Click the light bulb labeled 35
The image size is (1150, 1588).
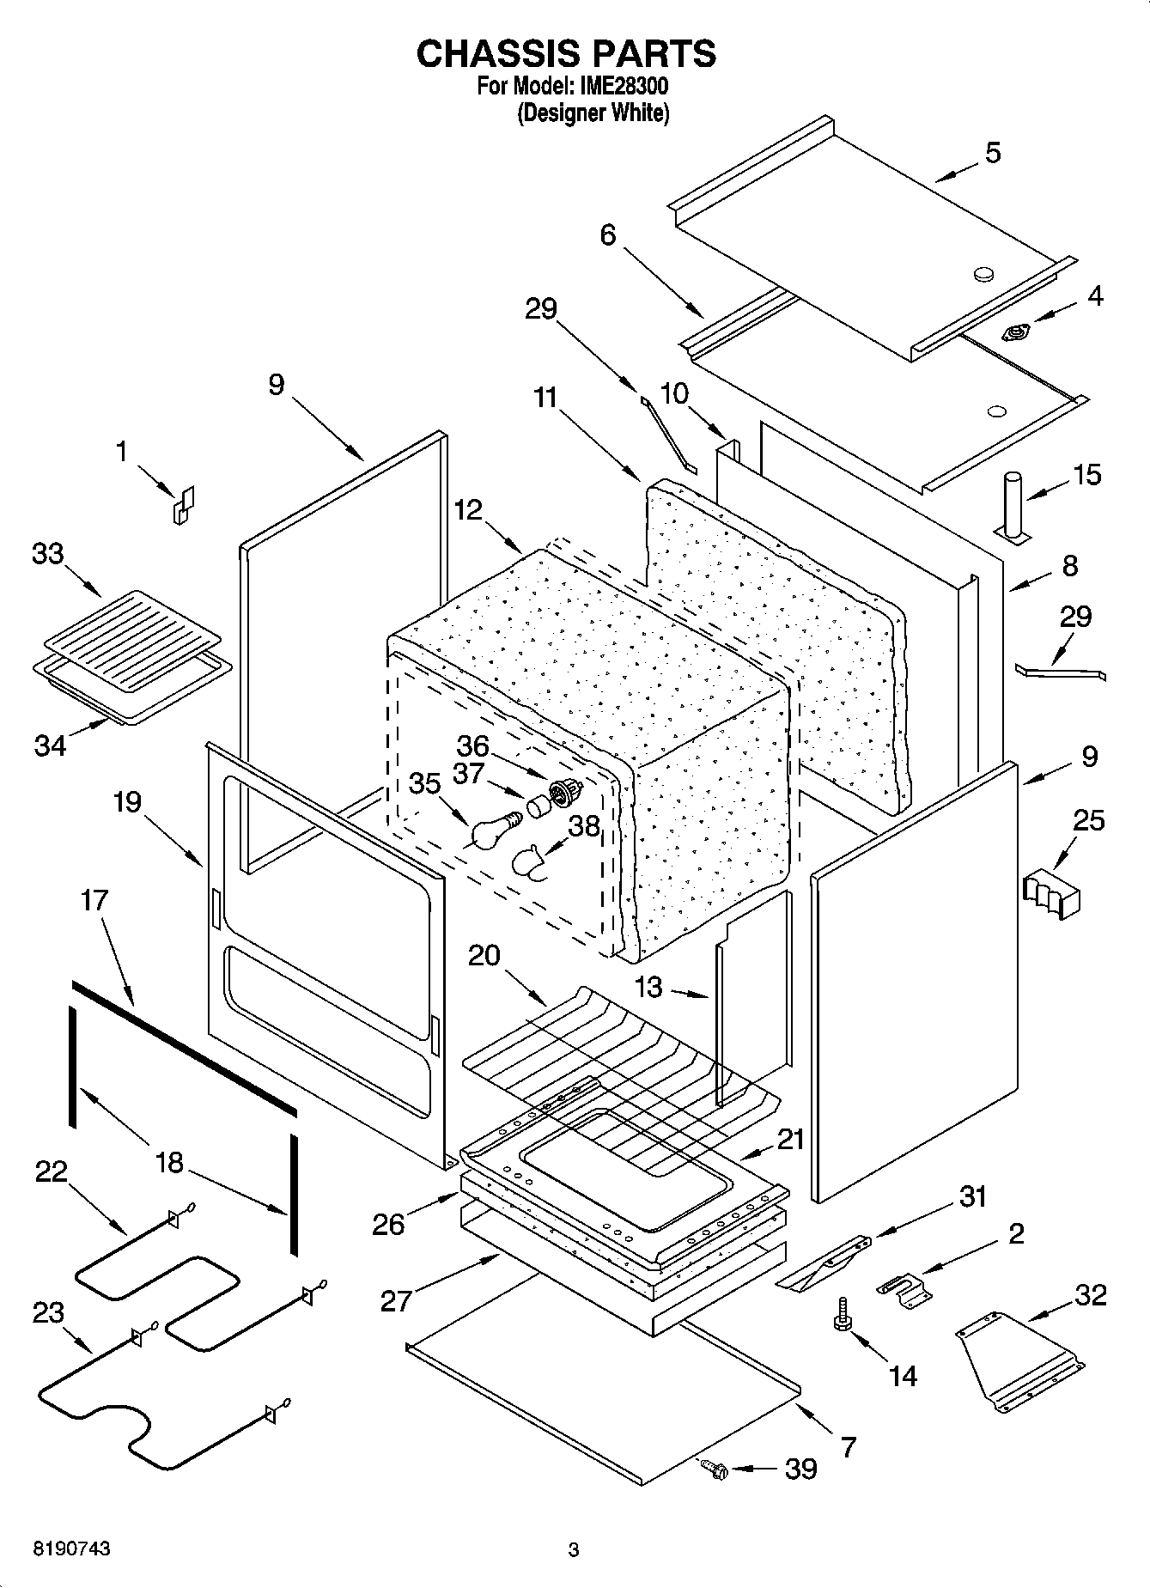click(x=491, y=833)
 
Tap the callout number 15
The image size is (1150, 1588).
click(x=1087, y=475)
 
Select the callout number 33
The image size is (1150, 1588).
click(x=48, y=554)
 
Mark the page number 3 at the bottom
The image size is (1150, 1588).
click(x=574, y=1550)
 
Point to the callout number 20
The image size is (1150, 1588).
click(x=484, y=955)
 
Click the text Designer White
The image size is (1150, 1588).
click(x=593, y=113)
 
